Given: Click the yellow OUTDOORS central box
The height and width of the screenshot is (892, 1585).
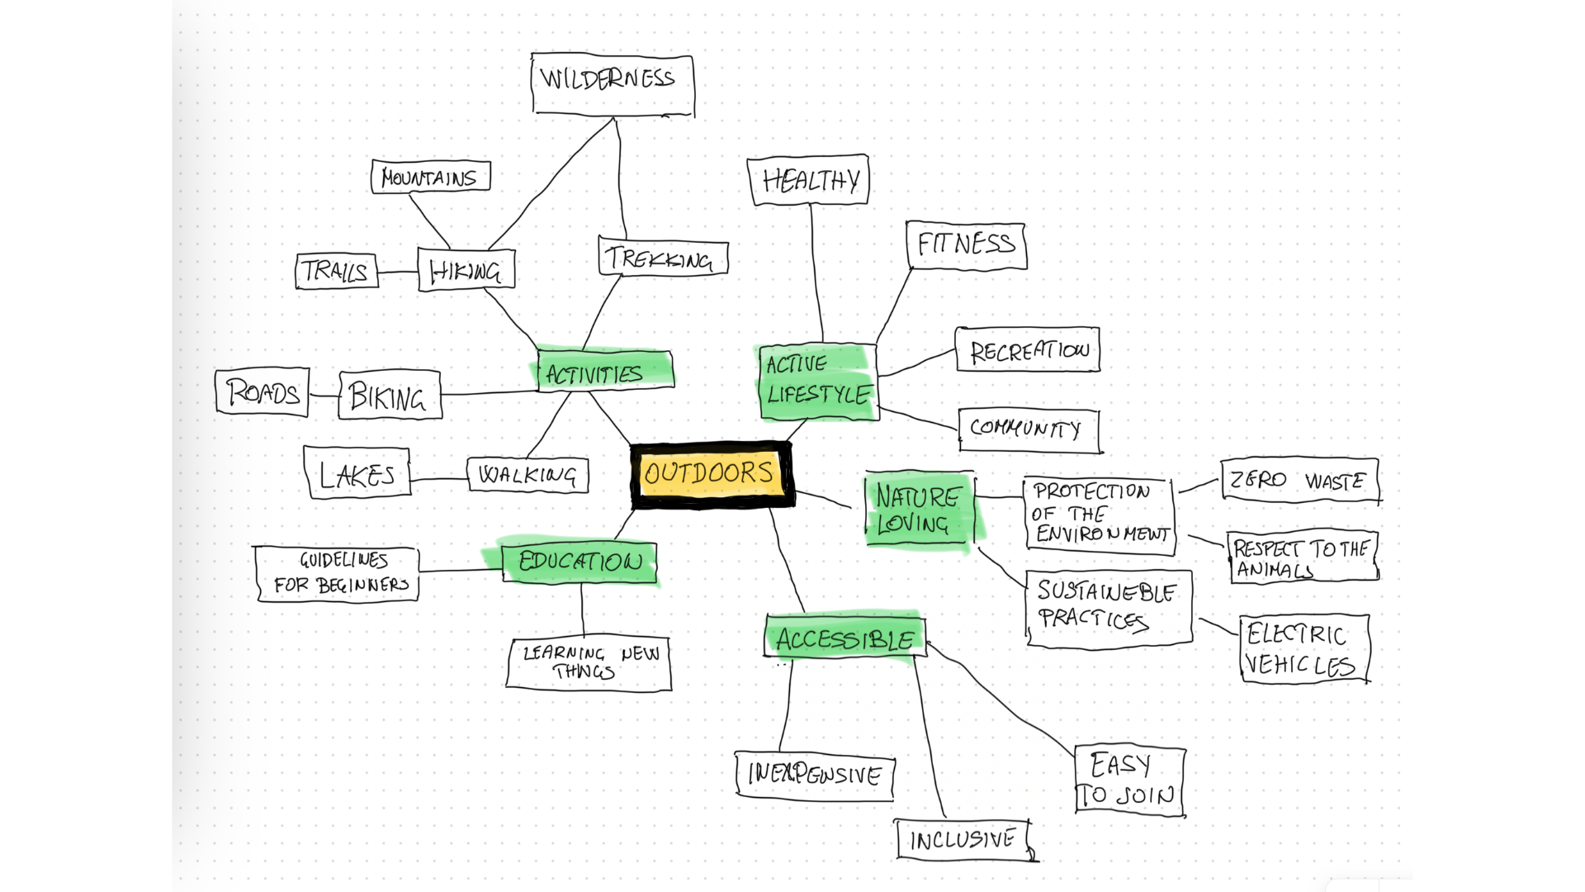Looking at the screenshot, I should (711, 474).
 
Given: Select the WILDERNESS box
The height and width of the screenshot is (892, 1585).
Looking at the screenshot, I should (612, 83).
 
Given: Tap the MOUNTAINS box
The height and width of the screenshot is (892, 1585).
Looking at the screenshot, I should (430, 177).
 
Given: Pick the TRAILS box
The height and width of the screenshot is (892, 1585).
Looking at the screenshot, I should (336, 271).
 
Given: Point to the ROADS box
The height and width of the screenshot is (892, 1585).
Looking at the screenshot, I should (263, 391).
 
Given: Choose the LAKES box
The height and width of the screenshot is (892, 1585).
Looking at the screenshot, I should (357, 473).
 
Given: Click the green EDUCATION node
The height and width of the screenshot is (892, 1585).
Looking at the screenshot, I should (580, 562).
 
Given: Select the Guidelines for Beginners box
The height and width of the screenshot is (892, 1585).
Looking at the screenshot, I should (338, 573).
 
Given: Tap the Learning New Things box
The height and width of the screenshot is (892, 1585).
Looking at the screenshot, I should (589, 663).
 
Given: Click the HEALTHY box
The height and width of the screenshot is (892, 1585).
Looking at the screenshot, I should (808, 180).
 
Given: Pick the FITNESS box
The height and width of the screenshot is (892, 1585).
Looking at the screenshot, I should (966, 245).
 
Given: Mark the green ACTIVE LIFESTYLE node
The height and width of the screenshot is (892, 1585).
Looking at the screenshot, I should (817, 382).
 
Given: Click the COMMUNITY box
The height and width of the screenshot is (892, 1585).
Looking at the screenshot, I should (1029, 430).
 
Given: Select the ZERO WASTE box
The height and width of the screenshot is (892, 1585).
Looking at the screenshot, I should (1299, 480).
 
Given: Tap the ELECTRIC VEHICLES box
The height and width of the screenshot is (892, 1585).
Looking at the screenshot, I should (1303, 649).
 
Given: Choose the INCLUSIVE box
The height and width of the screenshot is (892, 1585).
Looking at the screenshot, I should (963, 840).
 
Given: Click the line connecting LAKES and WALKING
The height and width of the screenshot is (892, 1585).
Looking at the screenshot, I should (438, 479).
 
